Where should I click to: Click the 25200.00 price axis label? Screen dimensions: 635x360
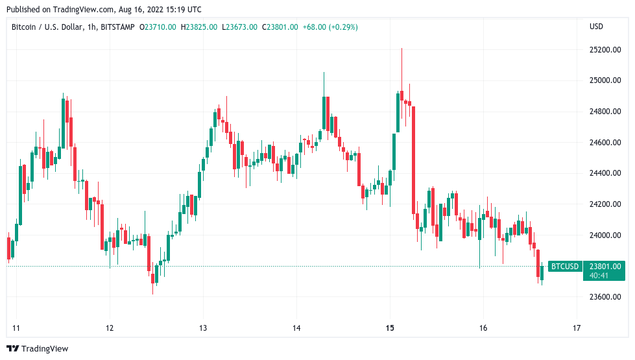[x=605, y=50]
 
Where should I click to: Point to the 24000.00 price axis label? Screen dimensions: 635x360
[x=605, y=235]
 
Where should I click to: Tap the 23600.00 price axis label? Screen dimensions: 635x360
[x=605, y=297]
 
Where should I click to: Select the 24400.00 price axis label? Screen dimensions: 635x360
[x=605, y=173]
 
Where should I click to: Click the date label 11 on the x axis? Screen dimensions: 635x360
[x=16, y=328]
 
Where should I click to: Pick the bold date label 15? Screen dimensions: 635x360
[x=390, y=328]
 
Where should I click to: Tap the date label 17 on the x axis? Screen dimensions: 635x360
[x=577, y=328]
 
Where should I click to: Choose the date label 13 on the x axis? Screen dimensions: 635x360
[x=203, y=328]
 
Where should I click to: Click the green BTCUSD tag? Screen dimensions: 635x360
[x=565, y=267]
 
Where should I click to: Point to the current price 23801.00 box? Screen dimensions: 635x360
[x=605, y=267]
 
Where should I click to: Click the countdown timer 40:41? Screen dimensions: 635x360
[x=599, y=276]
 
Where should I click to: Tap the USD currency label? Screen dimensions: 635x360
[x=596, y=27]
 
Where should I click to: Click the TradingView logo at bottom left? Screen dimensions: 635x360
[x=38, y=349]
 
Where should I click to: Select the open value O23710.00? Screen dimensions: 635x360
[x=158, y=27]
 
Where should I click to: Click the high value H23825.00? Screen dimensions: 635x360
[x=199, y=27]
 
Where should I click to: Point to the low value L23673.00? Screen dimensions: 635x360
[x=239, y=27]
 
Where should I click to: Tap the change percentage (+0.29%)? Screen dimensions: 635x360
[x=344, y=27]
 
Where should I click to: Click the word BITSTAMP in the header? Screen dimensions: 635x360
[x=117, y=27]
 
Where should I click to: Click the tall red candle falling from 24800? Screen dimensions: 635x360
[x=413, y=160]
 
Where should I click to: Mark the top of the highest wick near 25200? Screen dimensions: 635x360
[x=401, y=48]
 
